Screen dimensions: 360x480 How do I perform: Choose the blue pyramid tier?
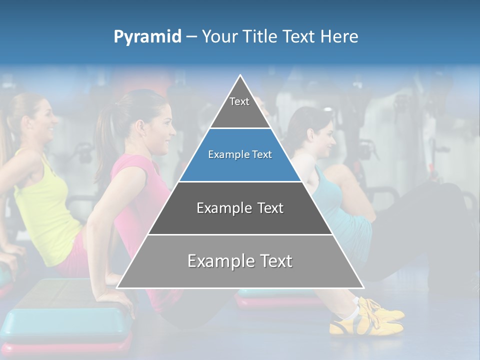[240, 155]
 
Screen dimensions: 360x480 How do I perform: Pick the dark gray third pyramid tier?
[240, 208]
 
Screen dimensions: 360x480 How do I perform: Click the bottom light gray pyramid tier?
[240, 261]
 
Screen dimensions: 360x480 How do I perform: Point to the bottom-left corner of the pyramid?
[117, 287]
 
